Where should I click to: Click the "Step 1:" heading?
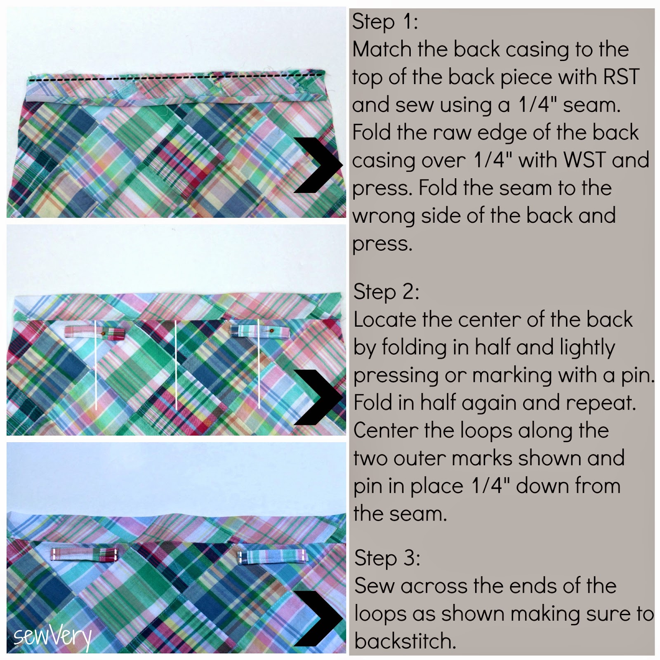coord(385,21)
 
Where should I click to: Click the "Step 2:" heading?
coord(386,292)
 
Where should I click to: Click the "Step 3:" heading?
coord(387,558)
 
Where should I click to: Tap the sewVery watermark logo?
coord(52,636)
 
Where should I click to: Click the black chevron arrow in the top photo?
coord(319,165)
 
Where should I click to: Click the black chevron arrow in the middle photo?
coord(319,397)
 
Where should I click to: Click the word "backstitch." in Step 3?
coord(405,641)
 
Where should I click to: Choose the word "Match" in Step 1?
coord(382,49)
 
